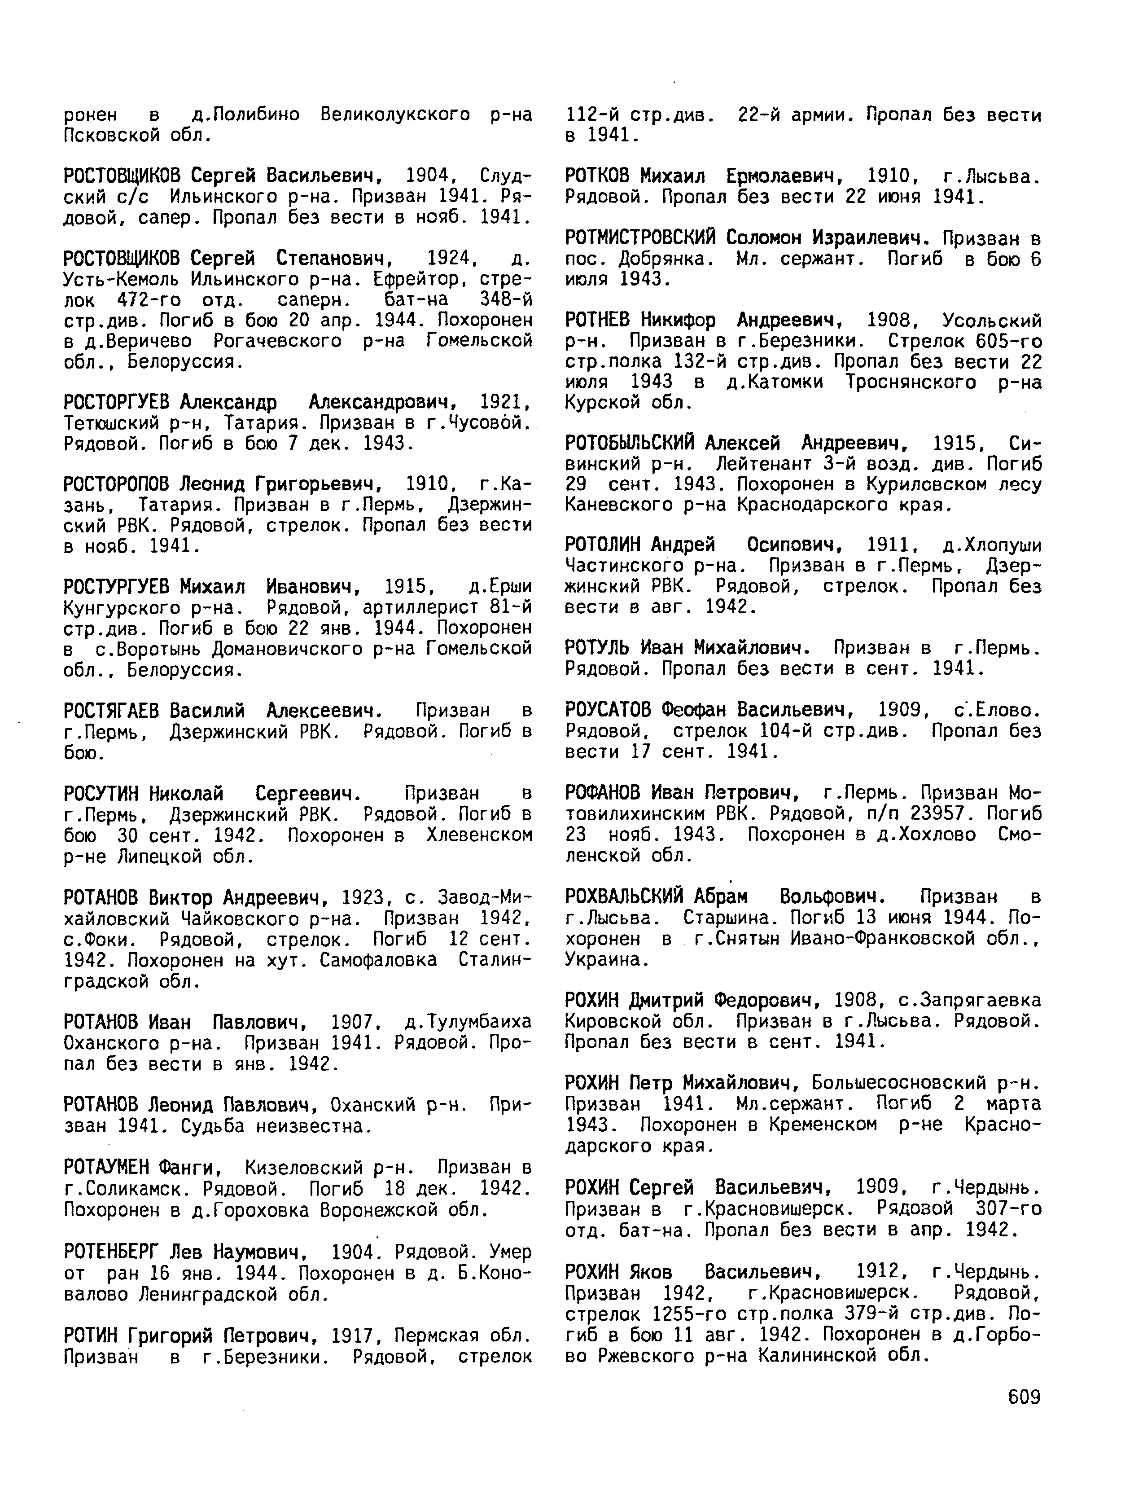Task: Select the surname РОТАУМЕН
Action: tap(105, 1169)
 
